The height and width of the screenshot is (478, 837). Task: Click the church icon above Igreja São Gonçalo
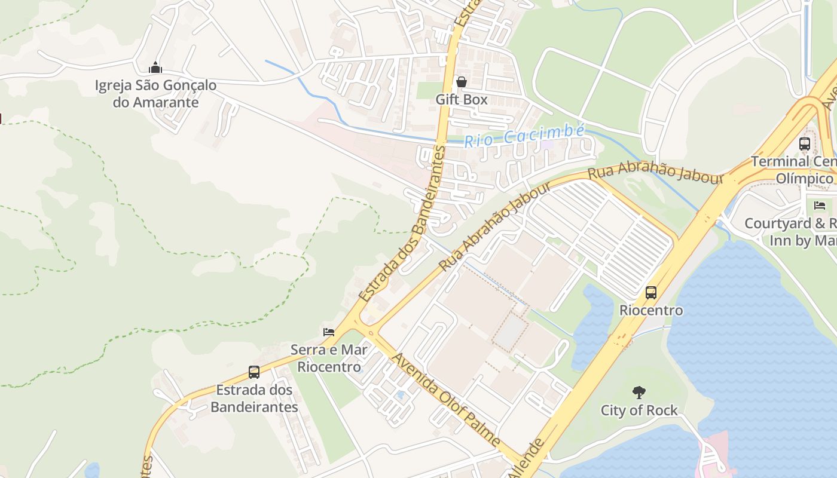pos(155,67)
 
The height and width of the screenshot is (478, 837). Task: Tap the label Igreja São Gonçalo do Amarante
pos(155,94)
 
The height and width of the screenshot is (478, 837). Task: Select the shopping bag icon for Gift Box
pos(461,82)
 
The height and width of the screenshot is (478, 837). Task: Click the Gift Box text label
pos(461,100)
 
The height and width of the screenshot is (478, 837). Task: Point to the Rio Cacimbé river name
pos(524,136)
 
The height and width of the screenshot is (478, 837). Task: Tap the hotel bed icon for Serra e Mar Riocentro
pos(328,332)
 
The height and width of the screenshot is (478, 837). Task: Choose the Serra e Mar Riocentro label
pos(329,358)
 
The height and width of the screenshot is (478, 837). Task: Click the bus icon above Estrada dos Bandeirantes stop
pos(254,372)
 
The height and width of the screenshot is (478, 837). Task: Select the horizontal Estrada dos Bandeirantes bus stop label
pos(254,399)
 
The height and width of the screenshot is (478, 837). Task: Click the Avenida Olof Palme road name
pos(446,399)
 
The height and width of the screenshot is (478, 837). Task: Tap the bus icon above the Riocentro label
pos(651,293)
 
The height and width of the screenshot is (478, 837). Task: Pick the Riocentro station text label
pos(651,311)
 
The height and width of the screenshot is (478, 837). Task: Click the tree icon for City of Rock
pos(639,393)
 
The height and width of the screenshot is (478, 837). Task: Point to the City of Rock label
pos(639,410)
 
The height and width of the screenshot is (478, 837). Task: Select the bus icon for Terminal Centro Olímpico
pos(805,144)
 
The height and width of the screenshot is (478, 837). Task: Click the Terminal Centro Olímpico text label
pos(793,170)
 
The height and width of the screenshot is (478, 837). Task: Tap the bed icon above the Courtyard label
pos(820,206)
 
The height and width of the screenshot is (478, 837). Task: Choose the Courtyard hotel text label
pos(790,232)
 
